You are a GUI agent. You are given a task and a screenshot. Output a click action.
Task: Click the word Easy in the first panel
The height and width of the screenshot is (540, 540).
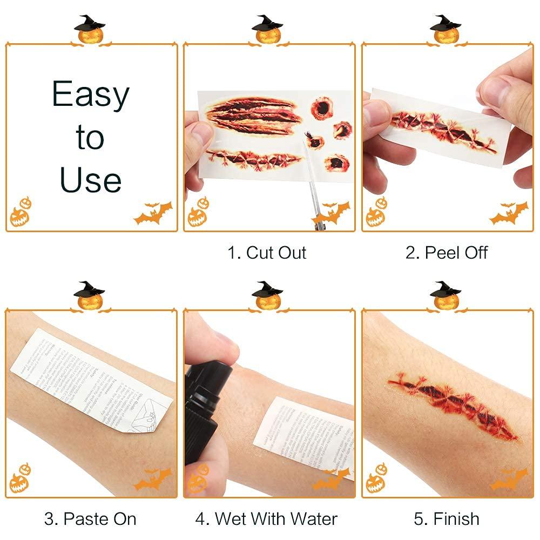91,96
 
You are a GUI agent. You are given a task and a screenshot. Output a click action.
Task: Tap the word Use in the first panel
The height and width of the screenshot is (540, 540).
91,179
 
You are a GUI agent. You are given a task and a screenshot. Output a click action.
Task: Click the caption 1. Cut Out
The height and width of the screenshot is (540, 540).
267,253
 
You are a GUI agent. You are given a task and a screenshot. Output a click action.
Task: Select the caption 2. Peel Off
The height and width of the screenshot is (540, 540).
447,253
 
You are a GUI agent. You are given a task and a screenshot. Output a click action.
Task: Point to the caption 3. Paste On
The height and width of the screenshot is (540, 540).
90,519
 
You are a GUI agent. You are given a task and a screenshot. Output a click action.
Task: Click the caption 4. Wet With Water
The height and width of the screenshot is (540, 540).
267,519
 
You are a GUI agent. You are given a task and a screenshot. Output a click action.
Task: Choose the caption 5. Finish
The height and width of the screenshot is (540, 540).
447,519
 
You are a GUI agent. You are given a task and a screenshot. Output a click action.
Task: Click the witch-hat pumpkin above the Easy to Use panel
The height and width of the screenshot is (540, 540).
90,30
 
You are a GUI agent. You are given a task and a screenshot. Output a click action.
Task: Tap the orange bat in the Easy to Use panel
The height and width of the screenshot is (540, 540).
153,214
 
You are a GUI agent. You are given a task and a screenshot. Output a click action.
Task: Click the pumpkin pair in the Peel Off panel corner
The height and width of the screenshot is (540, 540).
376,213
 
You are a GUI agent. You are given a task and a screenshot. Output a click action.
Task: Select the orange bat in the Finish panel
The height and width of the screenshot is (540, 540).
509,479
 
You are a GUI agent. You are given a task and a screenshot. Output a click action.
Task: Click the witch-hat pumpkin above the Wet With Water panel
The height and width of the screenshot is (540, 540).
267,296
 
